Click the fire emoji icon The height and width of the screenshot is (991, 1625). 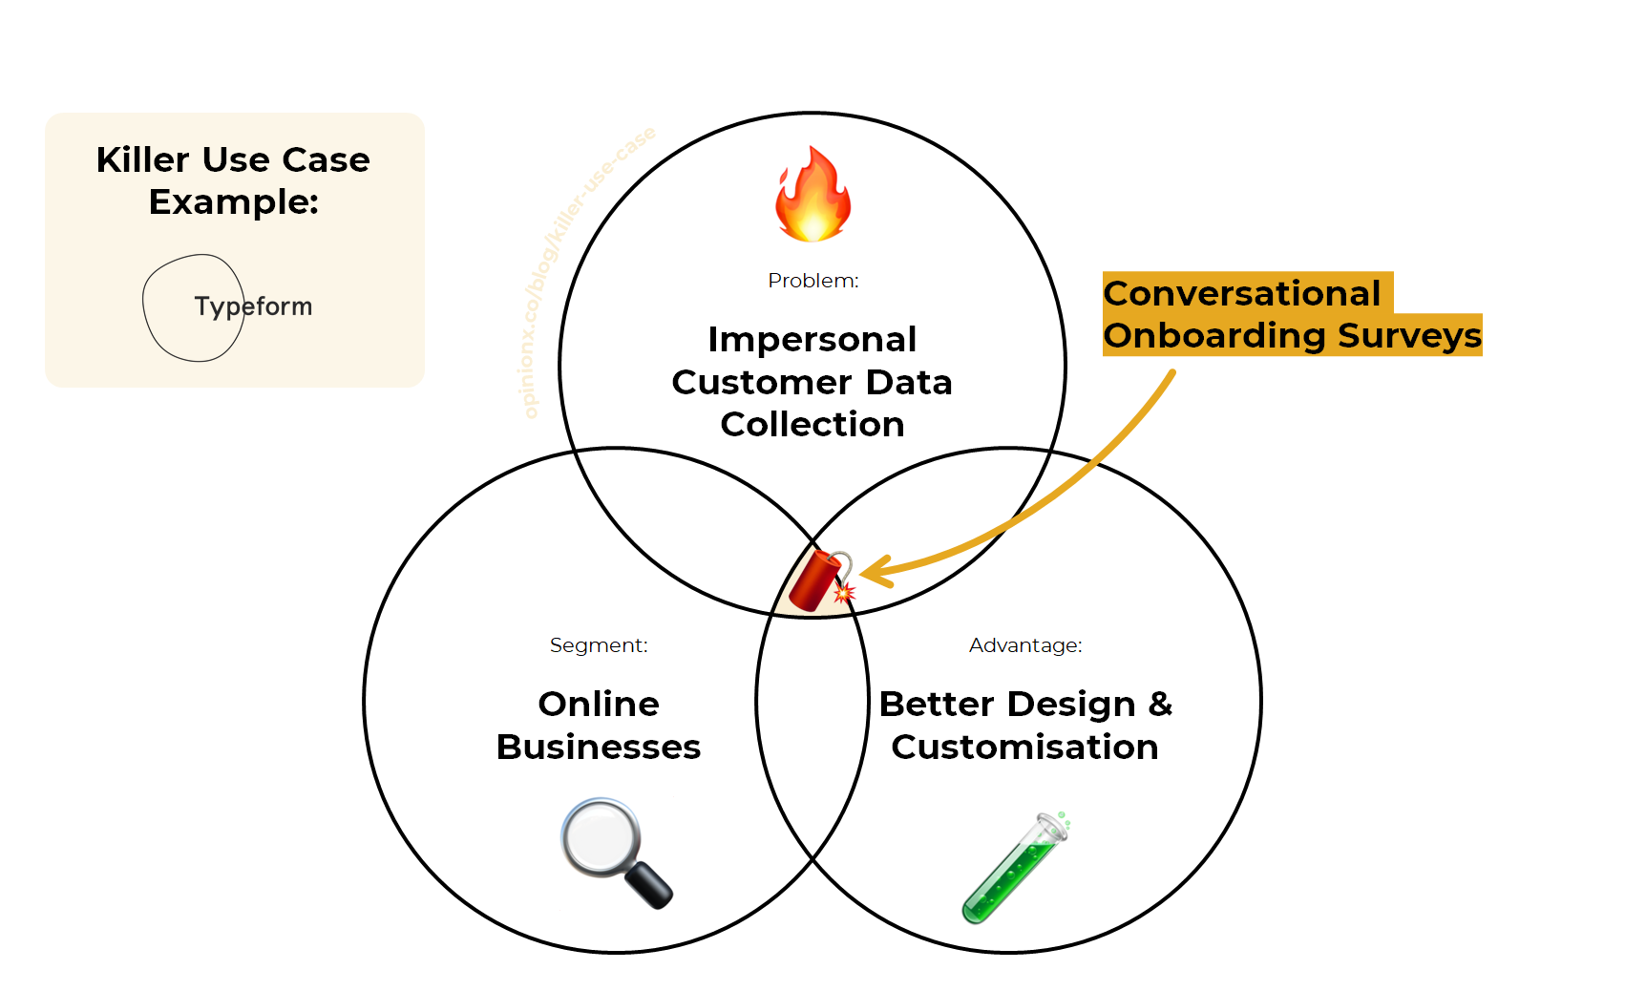click(812, 195)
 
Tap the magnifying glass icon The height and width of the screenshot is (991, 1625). click(615, 851)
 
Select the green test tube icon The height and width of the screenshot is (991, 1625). click(1014, 867)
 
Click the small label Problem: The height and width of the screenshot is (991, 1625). click(812, 281)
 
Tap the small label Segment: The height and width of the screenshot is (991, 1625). click(599, 645)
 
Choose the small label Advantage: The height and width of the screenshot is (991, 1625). click(1025, 645)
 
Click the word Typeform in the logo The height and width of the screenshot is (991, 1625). click(253, 306)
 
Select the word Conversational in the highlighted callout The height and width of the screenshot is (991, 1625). click(1242, 293)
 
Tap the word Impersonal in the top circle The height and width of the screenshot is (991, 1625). click(812, 339)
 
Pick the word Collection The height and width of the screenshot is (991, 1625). click(812, 424)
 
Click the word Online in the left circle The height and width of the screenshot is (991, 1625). click(599, 704)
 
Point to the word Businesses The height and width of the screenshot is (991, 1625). click(599, 747)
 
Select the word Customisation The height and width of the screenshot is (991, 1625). click(1024, 747)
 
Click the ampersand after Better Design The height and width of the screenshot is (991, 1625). click(1160, 704)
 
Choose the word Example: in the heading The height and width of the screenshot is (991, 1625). click(233, 201)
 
